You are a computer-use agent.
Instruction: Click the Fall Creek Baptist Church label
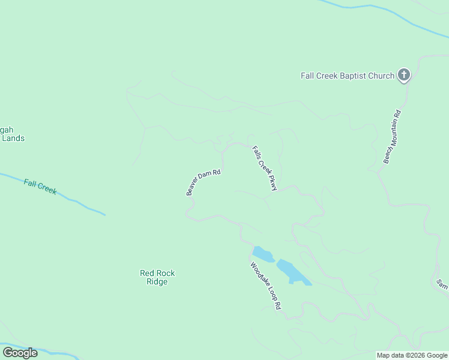click(347, 76)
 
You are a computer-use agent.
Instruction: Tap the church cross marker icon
click(405, 75)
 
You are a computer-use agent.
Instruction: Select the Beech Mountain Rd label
click(392, 137)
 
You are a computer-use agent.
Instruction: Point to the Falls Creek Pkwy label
click(265, 169)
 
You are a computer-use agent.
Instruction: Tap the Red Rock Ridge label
click(157, 277)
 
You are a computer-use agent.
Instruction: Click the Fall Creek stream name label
click(40, 187)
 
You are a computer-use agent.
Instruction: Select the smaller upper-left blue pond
click(262, 254)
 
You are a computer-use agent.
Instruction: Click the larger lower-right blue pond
click(292, 272)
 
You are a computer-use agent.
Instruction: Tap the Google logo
click(20, 353)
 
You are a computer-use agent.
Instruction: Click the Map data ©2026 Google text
click(412, 355)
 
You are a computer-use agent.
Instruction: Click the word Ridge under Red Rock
click(157, 281)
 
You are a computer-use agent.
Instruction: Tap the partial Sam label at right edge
click(442, 284)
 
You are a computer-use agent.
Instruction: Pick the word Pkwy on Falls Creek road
click(273, 184)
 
